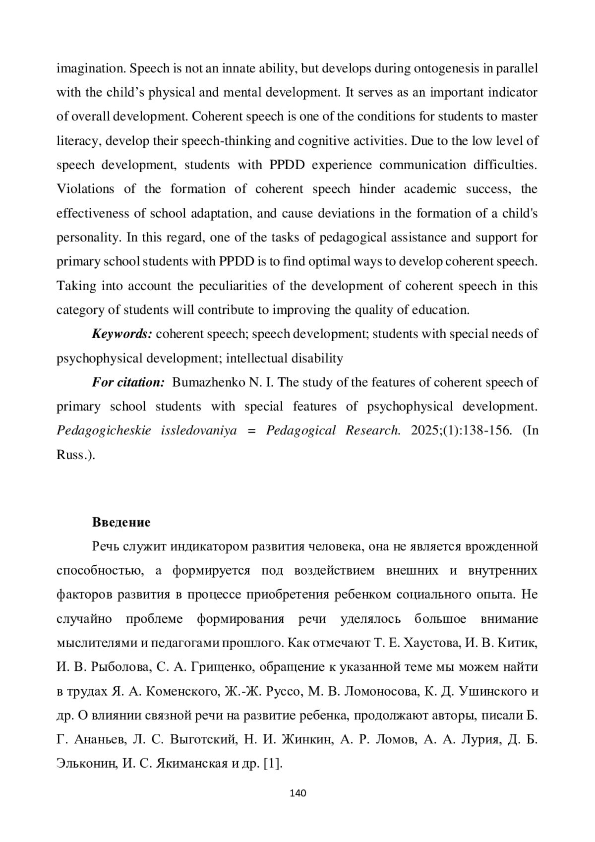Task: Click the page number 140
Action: click(x=297, y=793)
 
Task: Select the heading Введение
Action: click(x=121, y=522)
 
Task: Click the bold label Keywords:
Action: click(x=122, y=334)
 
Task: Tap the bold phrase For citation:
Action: click(x=128, y=382)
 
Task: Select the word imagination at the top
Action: click(x=85, y=68)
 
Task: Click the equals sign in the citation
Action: click(x=250, y=430)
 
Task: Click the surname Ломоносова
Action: click(x=373, y=691)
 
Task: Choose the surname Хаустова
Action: click(x=434, y=643)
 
